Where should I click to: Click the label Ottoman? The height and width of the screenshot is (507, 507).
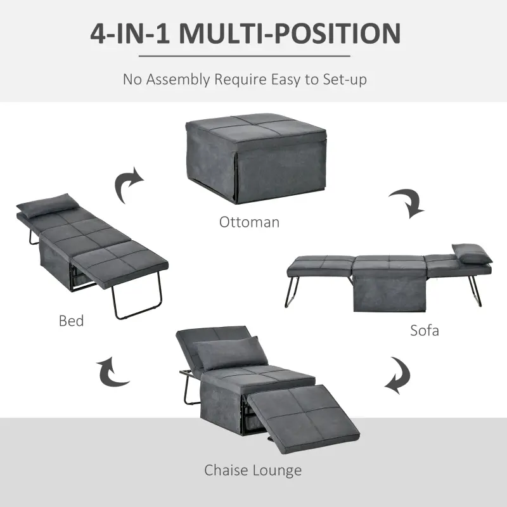249,222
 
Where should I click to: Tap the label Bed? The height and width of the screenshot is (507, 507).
71,321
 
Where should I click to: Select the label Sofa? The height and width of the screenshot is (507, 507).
424,330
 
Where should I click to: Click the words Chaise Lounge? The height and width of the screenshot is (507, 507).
253,470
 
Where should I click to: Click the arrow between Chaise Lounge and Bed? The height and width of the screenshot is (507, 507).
113,372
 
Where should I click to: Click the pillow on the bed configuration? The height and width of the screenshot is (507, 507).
49,205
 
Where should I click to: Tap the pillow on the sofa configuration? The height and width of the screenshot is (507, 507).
470,253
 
